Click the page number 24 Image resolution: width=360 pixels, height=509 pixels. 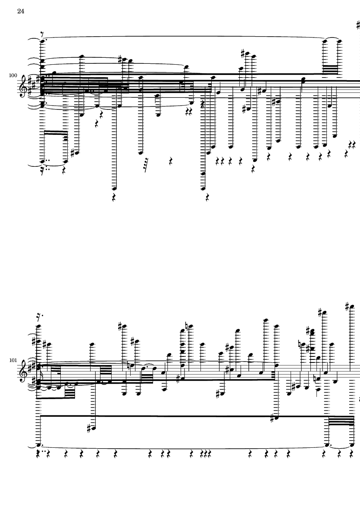21,11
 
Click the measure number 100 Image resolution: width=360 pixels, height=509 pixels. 13,75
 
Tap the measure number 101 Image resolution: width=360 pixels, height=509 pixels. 13,360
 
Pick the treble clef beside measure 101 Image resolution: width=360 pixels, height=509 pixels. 24,371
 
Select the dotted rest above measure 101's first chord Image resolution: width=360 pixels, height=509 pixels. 40,316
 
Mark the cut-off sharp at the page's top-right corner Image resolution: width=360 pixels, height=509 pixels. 358,25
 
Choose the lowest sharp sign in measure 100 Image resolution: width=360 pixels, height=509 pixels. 73,153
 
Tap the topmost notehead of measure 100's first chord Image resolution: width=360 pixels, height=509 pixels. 43,41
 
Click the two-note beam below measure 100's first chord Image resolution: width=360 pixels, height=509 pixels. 54,132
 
